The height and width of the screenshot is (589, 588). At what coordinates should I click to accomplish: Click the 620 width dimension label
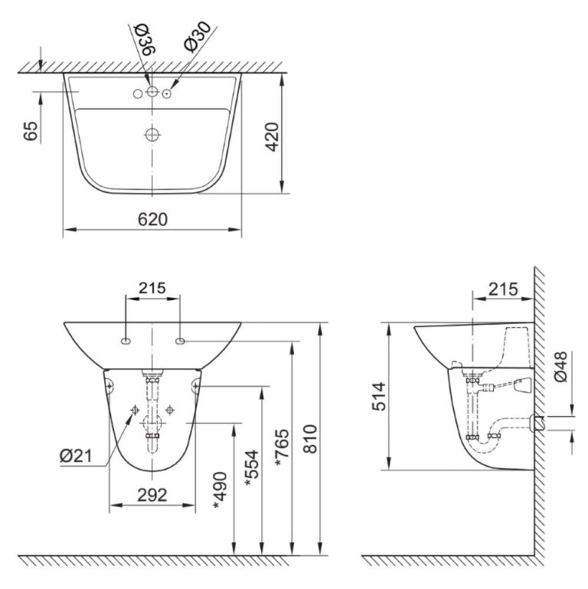click(x=152, y=219)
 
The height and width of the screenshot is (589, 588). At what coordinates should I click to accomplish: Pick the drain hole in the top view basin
click(x=152, y=135)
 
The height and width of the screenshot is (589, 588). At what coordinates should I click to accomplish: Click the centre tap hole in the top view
click(x=152, y=93)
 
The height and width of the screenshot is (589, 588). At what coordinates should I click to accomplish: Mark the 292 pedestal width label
click(x=152, y=495)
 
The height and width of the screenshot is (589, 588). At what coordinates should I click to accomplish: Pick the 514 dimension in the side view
click(x=381, y=397)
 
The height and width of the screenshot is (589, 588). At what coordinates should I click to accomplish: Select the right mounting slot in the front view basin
click(x=180, y=339)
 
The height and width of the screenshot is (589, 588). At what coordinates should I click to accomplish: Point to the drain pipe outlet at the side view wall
click(x=538, y=422)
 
